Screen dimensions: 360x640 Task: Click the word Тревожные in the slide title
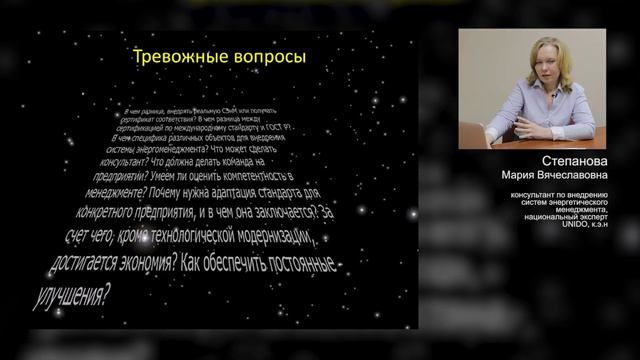tap(175, 58)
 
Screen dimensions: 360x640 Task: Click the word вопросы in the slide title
tap(263, 58)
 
